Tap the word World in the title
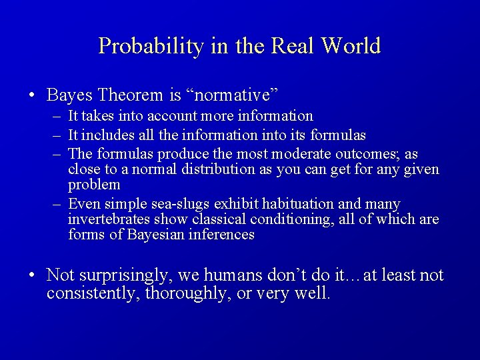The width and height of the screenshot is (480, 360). (351, 46)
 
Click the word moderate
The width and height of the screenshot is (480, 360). (291, 154)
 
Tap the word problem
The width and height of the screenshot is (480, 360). (94, 185)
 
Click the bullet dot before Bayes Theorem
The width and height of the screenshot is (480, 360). (32, 95)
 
